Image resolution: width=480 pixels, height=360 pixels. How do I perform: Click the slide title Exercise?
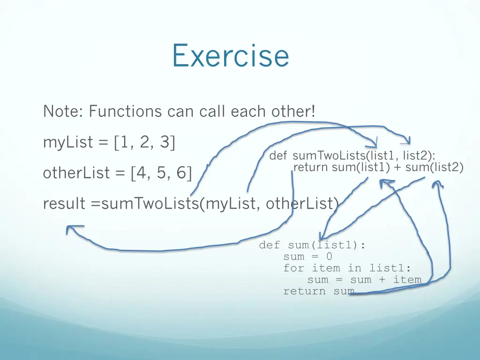click(x=230, y=55)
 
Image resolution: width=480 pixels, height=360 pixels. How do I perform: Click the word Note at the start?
click(x=60, y=112)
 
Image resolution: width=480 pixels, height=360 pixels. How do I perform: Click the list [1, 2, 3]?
click(x=144, y=142)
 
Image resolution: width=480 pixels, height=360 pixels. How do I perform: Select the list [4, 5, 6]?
click(x=162, y=173)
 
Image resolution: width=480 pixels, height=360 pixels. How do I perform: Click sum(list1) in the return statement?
click(x=361, y=167)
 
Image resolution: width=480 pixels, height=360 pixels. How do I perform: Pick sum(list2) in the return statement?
click(x=434, y=167)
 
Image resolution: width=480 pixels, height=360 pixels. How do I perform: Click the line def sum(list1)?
click(x=312, y=245)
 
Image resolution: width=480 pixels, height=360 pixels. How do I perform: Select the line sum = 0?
click(x=307, y=256)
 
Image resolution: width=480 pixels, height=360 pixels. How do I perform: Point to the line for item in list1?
click(x=347, y=268)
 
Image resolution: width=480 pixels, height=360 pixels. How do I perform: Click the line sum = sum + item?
click(x=364, y=280)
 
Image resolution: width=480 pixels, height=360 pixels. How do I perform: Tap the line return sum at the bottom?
click(x=318, y=291)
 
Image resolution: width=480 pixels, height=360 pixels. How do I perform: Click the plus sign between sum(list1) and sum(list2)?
click(x=397, y=167)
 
